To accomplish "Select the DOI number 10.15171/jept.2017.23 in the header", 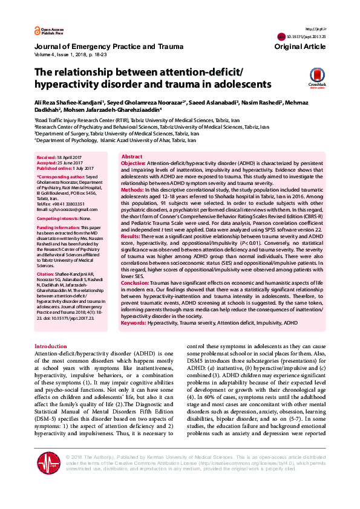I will click(x=310, y=37).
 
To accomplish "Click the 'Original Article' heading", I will click(x=299, y=47).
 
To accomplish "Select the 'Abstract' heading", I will click(x=133, y=157).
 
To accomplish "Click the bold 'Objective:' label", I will click(x=134, y=164).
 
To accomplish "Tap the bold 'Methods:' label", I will click(x=133, y=190).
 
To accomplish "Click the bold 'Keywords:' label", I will click(x=134, y=323).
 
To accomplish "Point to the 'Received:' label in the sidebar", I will click(x=47, y=157).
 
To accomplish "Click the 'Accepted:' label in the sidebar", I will click(x=47, y=163).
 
